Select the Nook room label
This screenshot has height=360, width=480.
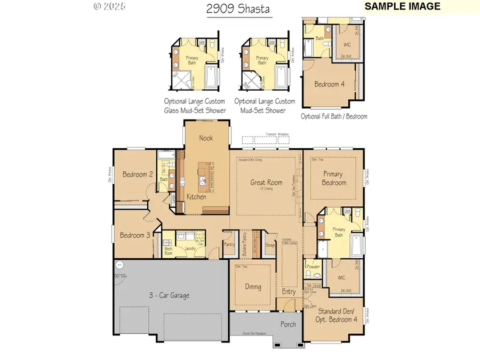point(206,138)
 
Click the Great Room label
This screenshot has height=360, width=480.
point(266,182)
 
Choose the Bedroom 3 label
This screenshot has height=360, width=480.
point(134,235)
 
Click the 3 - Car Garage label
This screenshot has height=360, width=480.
point(169,295)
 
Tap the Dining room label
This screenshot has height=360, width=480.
point(253,286)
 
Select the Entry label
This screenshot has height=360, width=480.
point(289,292)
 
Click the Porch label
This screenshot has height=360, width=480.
point(289,324)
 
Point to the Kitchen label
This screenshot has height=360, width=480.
point(196,197)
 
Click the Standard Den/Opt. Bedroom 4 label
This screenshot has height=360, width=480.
point(334,315)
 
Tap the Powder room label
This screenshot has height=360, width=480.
point(314,267)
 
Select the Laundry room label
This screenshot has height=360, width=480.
point(189,249)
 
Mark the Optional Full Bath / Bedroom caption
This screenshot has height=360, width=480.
point(334,116)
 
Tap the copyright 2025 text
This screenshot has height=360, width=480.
point(110,7)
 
